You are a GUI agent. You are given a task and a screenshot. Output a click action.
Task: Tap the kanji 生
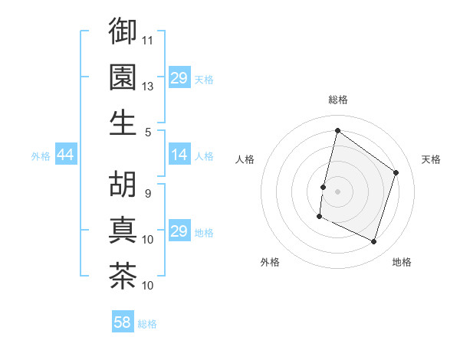(123, 122)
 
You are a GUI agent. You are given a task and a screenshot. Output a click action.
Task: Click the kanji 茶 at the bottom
(123, 276)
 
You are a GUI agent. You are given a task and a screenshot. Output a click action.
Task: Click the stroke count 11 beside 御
(148, 40)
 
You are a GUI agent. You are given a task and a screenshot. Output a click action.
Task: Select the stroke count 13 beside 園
(148, 86)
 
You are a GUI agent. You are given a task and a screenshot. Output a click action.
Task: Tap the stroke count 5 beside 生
(148, 132)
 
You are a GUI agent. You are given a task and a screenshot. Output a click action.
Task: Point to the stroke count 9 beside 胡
(148, 193)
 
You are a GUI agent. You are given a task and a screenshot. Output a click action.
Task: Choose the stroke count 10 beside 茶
(148, 286)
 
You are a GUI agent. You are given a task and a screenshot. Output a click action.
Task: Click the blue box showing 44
(65, 155)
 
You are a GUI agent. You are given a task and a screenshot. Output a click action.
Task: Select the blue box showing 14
(179, 155)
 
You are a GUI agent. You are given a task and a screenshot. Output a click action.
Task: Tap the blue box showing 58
(123, 322)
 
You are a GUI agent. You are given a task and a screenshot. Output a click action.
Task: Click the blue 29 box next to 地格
(179, 232)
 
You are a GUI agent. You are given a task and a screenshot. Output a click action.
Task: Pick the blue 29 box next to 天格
(179, 79)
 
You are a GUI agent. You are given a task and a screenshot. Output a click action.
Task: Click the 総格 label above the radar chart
(337, 100)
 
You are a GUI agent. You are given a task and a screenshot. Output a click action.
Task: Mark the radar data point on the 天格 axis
(396, 172)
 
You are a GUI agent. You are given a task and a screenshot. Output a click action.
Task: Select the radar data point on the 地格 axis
(374, 242)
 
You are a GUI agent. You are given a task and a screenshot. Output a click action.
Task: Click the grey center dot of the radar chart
(337, 191)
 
